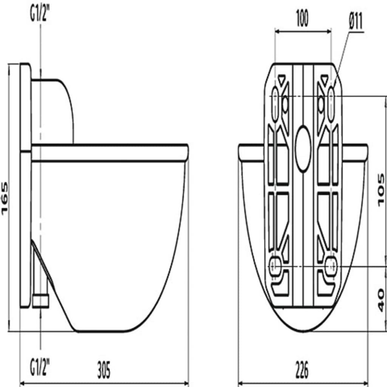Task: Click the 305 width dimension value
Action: [x=104, y=370]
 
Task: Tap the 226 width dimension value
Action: [x=302, y=370]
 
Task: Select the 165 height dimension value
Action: [x=5, y=198]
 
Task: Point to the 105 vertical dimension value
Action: [x=381, y=190]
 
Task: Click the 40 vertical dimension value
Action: [x=381, y=300]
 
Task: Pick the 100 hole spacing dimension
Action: [x=302, y=19]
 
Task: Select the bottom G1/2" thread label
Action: [x=40, y=367]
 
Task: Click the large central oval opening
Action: [x=303, y=148]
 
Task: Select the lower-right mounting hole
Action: [x=331, y=266]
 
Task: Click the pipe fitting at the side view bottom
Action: [x=41, y=301]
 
